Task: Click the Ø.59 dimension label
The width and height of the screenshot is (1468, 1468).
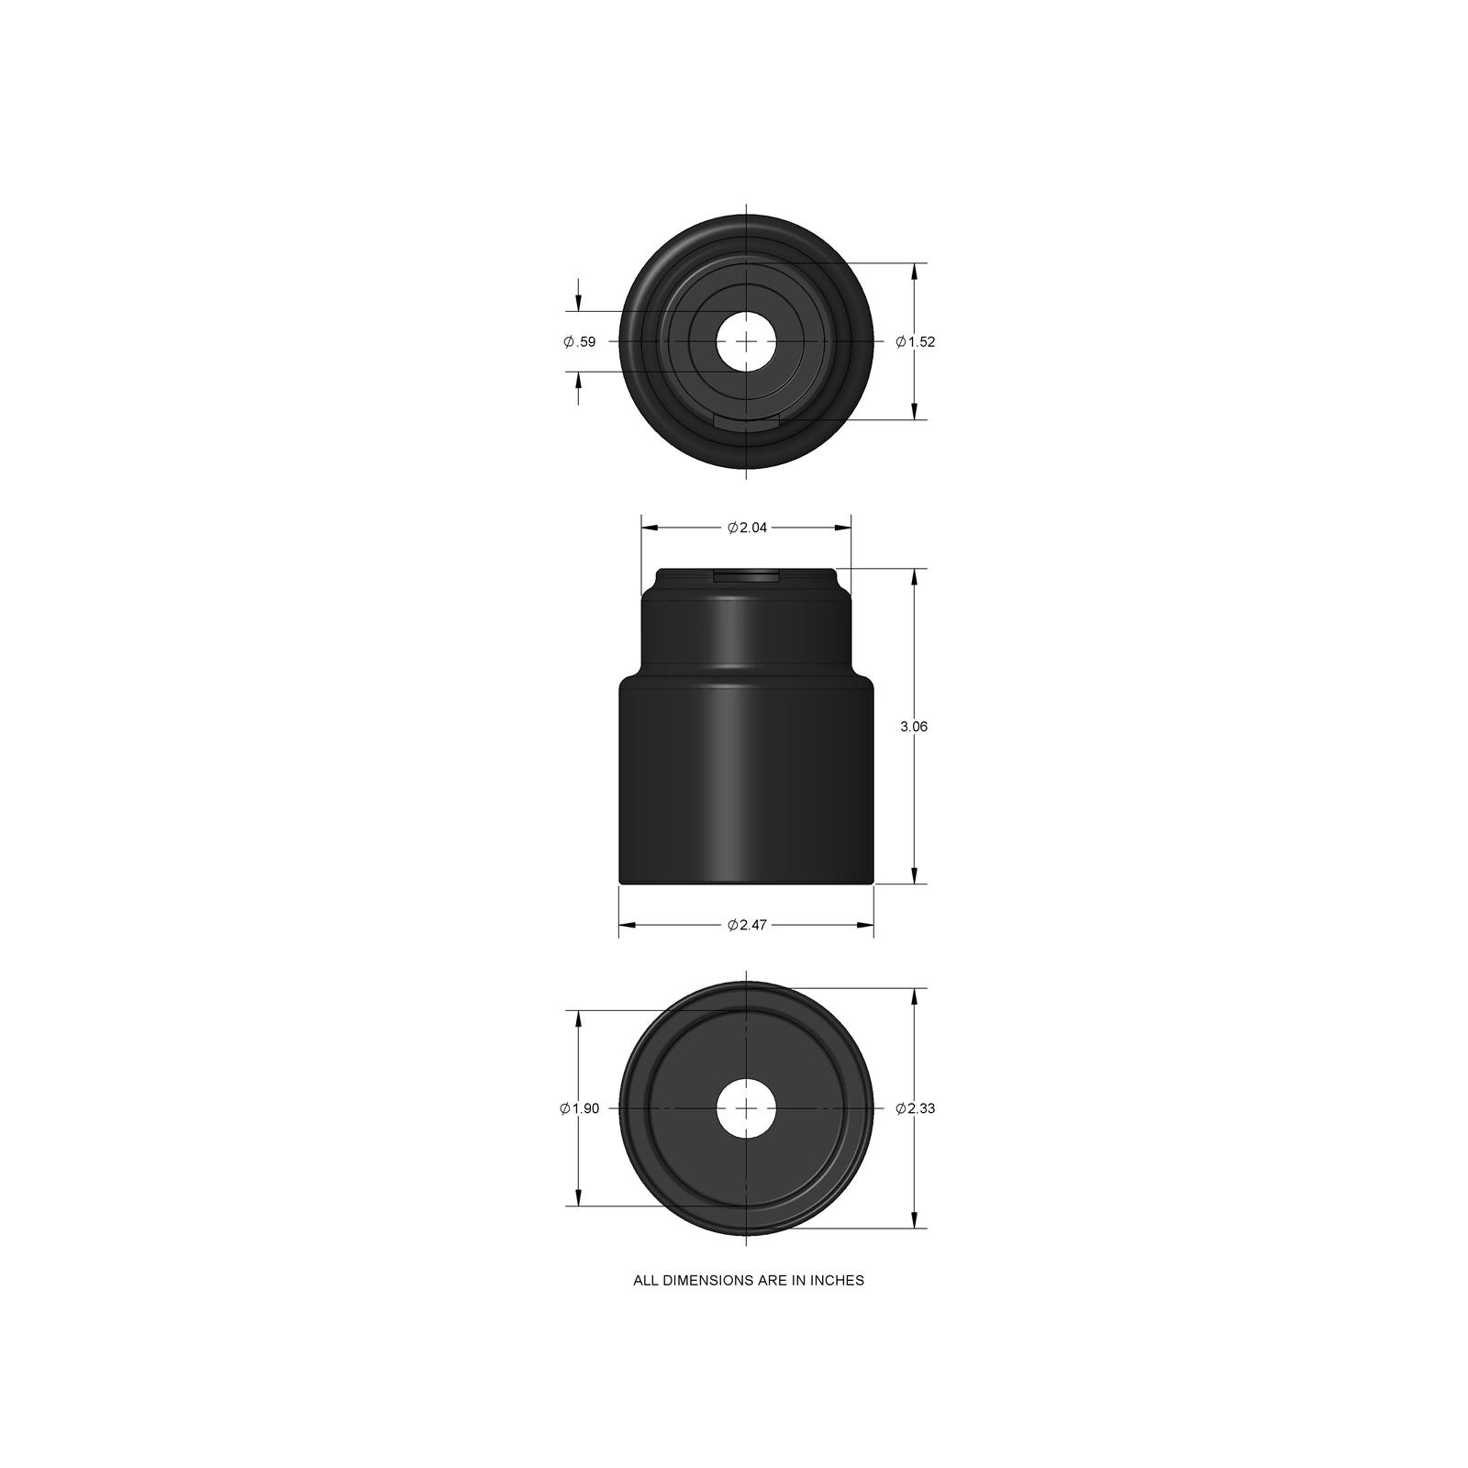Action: [x=579, y=341]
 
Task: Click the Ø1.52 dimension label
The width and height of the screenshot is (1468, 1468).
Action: [x=915, y=341]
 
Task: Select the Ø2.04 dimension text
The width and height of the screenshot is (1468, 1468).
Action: [x=747, y=528]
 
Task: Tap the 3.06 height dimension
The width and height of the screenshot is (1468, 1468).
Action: [x=914, y=726]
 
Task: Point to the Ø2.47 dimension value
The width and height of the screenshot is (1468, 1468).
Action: [x=747, y=925]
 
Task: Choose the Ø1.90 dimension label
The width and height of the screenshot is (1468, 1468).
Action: [x=579, y=1108]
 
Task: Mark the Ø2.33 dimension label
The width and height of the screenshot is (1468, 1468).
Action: [x=915, y=1108]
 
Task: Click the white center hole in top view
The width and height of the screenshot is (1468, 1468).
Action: [x=746, y=341]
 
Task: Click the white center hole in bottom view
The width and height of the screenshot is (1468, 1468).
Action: [x=746, y=1108]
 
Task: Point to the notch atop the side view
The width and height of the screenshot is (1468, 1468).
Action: [x=746, y=575]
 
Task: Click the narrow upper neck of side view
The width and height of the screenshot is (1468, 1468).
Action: [x=746, y=633]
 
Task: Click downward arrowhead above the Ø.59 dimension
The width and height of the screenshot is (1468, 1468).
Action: [x=578, y=304]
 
